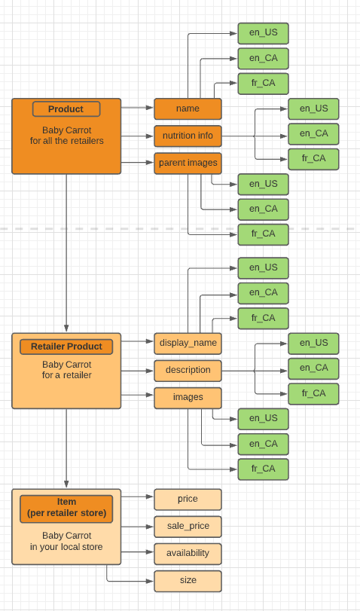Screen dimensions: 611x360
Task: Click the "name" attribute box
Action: (x=188, y=108)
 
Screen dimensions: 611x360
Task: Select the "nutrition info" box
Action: (x=188, y=136)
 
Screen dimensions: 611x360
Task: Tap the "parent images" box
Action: (x=188, y=163)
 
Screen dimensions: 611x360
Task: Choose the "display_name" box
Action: (x=188, y=344)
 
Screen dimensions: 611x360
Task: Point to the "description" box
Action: (x=188, y=371)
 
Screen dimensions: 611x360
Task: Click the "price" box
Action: (x=188, y=499)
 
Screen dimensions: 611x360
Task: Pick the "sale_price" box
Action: (x=188, y=527)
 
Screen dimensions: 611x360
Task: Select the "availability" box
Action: (x=188, y=553)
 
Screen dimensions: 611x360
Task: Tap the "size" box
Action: (x=188, y=581)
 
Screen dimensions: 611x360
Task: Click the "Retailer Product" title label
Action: (x=66, y=347)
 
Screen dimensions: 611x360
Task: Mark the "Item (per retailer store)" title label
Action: (x=66, y=508)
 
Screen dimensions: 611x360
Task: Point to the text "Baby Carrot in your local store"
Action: (x=66, y=542)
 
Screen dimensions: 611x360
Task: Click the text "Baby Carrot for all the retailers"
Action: (x=66, y=136)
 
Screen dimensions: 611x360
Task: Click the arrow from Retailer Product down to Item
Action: (x=66, y=448)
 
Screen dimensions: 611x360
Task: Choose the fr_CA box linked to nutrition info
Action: (x=313, y=159)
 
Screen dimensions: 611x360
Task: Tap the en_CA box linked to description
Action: (x=313, y=368)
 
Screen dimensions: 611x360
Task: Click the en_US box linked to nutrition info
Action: (x=313, y=108)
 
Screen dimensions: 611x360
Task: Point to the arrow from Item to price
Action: (x=137, y=496)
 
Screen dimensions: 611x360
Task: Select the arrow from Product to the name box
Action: (x=137, y=108)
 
